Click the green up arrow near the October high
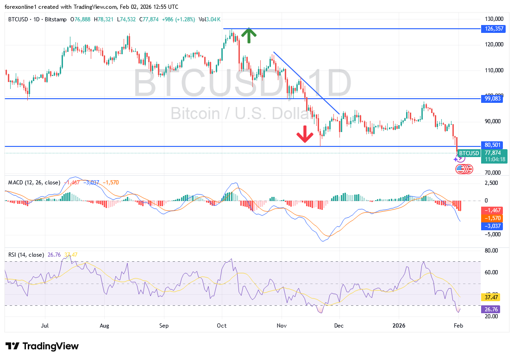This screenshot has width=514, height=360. point(249,36)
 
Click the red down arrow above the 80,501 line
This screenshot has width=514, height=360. point(305,133)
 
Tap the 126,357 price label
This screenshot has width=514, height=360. point(491,29)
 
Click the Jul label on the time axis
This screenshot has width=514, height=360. point(45,326)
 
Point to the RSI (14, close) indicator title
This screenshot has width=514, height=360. point(26,255)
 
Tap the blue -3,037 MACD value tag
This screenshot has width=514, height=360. point(492,226)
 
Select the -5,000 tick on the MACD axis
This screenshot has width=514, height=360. point(492,234)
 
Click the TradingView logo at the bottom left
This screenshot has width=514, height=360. point(42,346)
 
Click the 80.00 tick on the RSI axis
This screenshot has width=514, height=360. point(492,251)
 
